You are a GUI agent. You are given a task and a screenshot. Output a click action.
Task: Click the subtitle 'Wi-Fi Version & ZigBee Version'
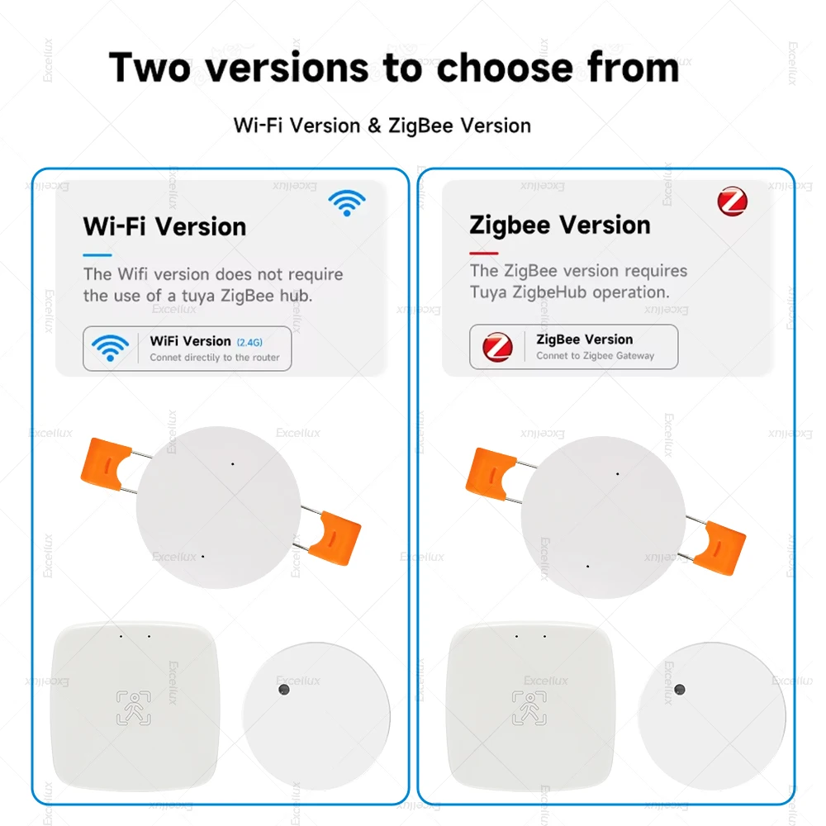pyautogui.click(x=382, y=126)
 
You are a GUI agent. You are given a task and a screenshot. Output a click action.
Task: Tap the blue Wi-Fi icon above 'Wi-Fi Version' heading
pyautogui.click(x=347, y=202)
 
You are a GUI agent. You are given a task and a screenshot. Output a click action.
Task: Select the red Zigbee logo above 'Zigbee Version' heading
pyautogui.click(x=732, y=202)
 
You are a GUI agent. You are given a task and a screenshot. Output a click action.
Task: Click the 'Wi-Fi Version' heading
pyautogui.click(x=164, y=226)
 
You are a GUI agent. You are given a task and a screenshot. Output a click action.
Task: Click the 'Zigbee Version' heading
pyautogui.click(x=560, y=225)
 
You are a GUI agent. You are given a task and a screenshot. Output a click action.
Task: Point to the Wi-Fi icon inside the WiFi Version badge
pyautogui.click(x=110, y=348)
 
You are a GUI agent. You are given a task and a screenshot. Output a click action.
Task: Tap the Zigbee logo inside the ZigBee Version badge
pyautogui.click(x=497, y=346)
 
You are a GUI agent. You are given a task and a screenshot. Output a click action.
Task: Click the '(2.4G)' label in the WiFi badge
pyautogui.click(x=249, y=342)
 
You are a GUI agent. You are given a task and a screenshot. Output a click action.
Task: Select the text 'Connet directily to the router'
pyautogui.click(x=215, y=358)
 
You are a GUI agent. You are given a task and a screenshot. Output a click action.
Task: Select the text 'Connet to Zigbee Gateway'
pyautogui.click(x=595, y=356)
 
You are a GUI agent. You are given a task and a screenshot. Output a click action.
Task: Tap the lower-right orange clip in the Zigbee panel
pyautogui.click(x=719, y=548)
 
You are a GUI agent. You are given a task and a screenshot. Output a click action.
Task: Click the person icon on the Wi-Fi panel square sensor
pyautogui.click(x=134, y=708)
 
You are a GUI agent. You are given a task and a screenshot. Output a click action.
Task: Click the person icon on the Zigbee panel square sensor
pyautogui.click(x=529, y=708)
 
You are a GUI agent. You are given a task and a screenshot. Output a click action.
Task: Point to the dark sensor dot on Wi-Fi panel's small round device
pyautogui.click(x=282, y=689)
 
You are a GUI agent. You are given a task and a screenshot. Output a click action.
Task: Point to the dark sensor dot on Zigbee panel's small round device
pyautogui.click(x=679, y=689)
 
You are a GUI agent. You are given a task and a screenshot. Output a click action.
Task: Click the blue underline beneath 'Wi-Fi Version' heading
pyautogui.click(x=97, y=254)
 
